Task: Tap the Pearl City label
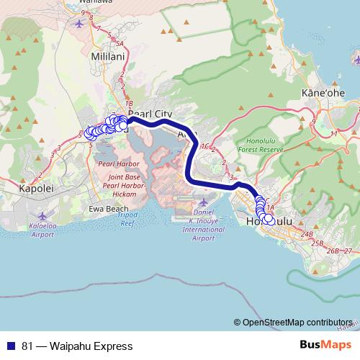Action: pos(152,114)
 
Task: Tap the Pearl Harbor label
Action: pos(112,164)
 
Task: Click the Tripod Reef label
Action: pos(127,220)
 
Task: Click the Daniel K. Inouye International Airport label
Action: pos(203,225)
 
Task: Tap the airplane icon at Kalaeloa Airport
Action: pos(42,215)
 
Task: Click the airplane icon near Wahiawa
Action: pos(79,22)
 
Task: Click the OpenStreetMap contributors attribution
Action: pos(297,323)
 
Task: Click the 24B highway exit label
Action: pos(307,234)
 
